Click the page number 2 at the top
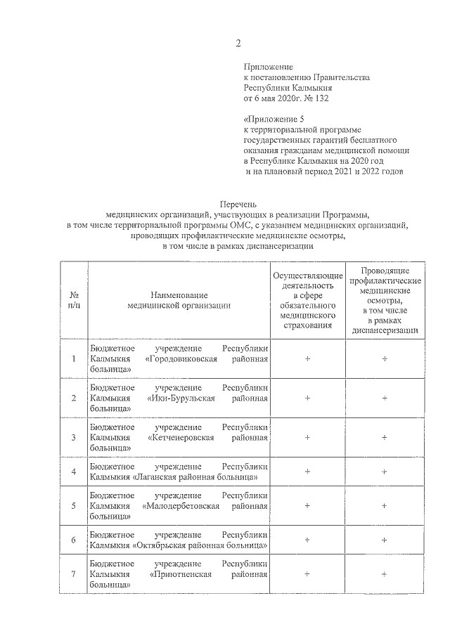pyautogui.click(x=238, y=44)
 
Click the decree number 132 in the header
pyautogui.click(x=321, y=98)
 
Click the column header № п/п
pyautogui.click(x=73, y=301)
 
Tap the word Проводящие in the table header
pyautogui.click(x=385, y=271)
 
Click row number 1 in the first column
pyautogui.click(x=73, y=359)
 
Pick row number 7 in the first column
pyautogui.click(x=73, y=574)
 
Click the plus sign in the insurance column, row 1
pyautogui.click(x=307, y=359)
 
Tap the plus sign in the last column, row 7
pyautogui.click(x=385, y=574)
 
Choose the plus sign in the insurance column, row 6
pyautogui.click(x=307, y=540)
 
